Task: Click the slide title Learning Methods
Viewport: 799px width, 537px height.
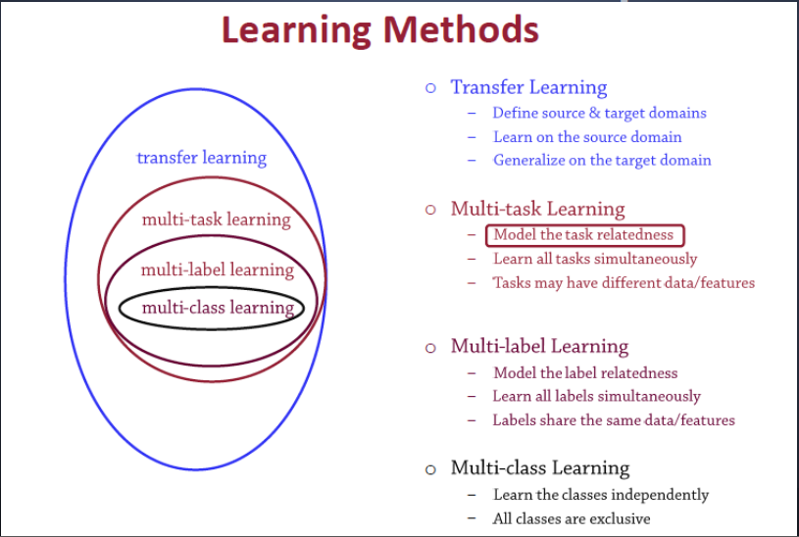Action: [x=379, y=29]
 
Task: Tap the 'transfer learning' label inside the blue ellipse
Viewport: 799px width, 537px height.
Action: [x=201, y=158]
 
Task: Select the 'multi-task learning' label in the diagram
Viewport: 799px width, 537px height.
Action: [x=216, y=220]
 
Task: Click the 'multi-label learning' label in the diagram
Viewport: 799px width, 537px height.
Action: [x=217, y=269]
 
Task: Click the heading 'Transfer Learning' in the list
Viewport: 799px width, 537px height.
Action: [x=528, y=87]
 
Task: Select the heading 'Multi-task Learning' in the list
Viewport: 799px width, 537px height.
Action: [x=537, y=209]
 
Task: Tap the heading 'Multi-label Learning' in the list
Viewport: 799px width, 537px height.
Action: [x=539, y=346]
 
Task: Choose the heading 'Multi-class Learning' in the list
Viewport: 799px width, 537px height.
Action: [x=539, y=467]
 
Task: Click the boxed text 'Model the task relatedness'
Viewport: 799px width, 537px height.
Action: [x=583, y=235]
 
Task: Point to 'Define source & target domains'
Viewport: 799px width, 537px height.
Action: [x=599, y=113]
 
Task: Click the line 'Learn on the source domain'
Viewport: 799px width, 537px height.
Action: [x=587, y=137]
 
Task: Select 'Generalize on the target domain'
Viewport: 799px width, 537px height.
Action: [x=602, y=160]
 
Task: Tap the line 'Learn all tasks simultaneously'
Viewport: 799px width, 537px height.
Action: [x=595, y=259]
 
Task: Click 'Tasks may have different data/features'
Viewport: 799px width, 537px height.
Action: [x=624, y=282]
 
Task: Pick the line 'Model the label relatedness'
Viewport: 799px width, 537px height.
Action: [x=585, y=372]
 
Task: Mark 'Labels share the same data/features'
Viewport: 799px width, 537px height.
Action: [x=614, y=420]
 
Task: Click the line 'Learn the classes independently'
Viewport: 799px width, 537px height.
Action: [x=600, y=495]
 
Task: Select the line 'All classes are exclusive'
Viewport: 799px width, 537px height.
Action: [x=572, y=518]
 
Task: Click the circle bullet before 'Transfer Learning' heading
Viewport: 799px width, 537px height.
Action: [x=429, y=88]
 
